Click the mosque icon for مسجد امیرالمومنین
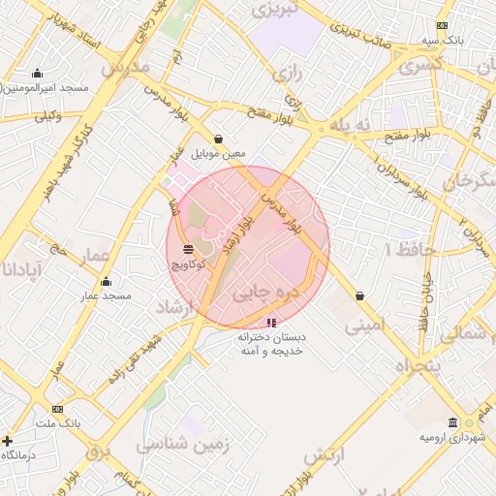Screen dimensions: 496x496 [x=37, y=74]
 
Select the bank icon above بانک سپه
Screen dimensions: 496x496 [x=443, y=26]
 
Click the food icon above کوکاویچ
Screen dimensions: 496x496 [x=187, y=249]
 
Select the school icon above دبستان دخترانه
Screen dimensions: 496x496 [x=270, y=322]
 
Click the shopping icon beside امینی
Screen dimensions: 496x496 [x=360, y=295]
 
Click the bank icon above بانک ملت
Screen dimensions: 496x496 [x=58, y=409]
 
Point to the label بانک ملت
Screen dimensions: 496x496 [x=57, y=423]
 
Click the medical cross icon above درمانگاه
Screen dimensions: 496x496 [x=8, y=441]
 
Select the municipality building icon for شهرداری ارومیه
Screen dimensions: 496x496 [x=453, y=423]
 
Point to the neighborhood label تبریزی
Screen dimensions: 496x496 [x=276, y=11]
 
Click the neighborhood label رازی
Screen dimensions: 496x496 [x=289, y=72]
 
